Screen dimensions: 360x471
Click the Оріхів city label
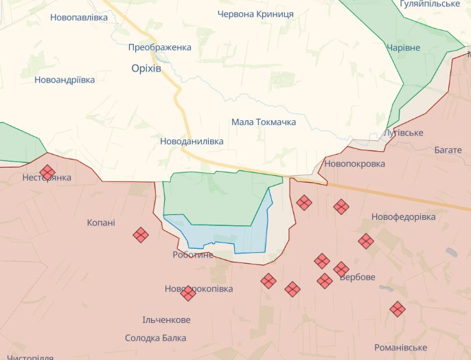[x=146, y=68]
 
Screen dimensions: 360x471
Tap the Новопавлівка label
[x=79, y=17]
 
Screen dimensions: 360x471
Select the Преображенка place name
[x=160, y=47]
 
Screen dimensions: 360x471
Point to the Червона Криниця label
[x=255, y=14]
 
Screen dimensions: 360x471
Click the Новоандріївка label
[x=65, y=80]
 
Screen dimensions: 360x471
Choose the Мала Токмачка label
[x=264, y=122]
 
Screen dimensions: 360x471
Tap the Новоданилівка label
[x=192, y=141]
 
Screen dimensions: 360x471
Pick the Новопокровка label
[x=354, y=164]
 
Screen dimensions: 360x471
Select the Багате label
[x=448, y=150]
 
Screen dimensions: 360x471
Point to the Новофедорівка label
[x=404, y=217]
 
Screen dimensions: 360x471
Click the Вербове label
[x=358, y=278]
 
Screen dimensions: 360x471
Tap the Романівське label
[x=402, y=348]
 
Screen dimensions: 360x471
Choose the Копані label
[x=101, y=223]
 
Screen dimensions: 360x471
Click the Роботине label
[x=193, y=255]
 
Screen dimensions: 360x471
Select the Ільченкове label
[x=166, y=320]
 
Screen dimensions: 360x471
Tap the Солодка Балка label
[x=157, y=338]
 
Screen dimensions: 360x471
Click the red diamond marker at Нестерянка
[x=47, y=172]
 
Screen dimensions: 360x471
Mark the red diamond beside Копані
[x=141, y=235]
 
